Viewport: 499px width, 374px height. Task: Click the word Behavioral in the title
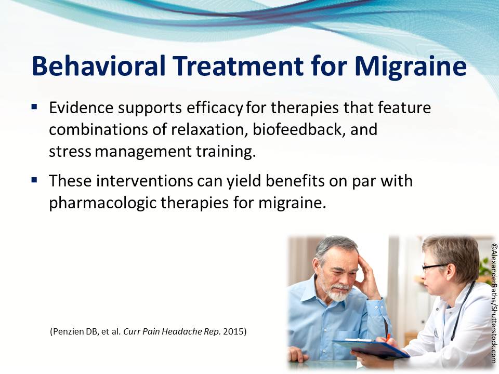pos(99,66)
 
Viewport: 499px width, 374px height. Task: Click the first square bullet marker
pos(34,106)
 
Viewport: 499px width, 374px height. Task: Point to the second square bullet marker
pos(34,180)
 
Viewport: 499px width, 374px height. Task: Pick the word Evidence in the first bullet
pos(81,108)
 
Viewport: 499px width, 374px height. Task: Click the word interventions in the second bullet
pos(145,181)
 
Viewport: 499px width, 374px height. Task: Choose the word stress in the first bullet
pos(70,152)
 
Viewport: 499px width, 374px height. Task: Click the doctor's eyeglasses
pos(434,268)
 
